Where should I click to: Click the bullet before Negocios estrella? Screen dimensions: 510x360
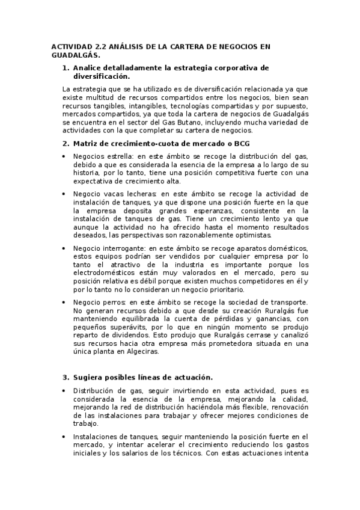coord(65,156)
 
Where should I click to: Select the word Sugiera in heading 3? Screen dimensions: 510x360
coord(89,377)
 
